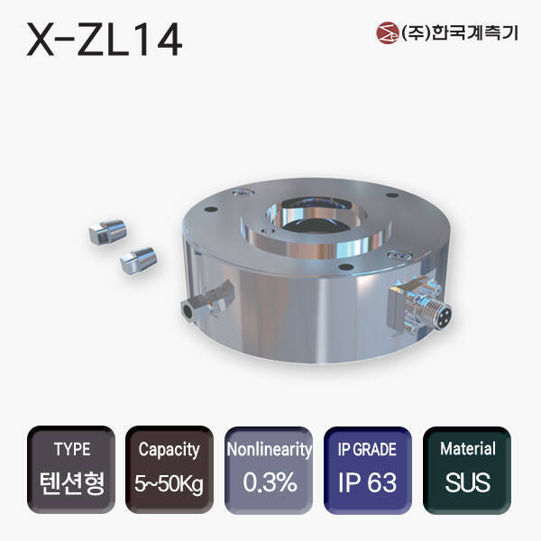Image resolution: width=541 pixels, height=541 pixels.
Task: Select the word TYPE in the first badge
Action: pos(72,449)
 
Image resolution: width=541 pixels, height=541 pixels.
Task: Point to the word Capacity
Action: pos(169,449)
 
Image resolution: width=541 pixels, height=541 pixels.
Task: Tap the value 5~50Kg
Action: pos(169,482)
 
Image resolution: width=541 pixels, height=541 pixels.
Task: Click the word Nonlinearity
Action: pos(270,449)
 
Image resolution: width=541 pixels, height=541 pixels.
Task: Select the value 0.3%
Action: pos(270,482)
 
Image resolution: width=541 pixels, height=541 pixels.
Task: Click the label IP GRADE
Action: pos(369,449)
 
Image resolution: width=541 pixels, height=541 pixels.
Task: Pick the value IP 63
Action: pos(369,482)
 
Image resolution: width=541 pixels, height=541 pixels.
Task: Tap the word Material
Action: pos(467,449)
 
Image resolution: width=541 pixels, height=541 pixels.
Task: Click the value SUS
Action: pos(467,482)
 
